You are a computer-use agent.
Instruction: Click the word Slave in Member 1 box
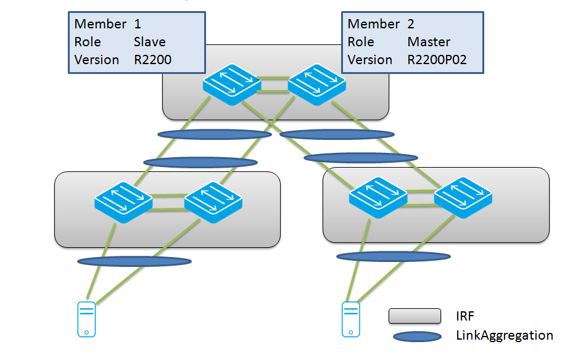pos(149,42)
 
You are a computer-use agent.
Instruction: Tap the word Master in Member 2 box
pos(429,42)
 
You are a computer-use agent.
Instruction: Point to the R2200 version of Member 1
pos(152,60)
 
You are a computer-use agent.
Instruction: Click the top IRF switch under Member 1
pos(231,82)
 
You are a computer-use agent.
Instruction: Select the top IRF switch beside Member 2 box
pos(316,82)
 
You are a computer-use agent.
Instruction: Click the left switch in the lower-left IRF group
pos(123,202)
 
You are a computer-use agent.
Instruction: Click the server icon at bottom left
pos(86,319)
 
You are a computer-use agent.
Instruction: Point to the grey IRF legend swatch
pos(415,316)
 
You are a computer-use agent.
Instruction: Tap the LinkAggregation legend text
pos(504,335)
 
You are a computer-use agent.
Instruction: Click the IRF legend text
pos(466,316)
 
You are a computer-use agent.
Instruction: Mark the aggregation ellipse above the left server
pos(134,261)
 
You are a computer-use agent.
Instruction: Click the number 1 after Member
pos(138,24)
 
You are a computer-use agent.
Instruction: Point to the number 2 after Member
pos(411,24)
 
